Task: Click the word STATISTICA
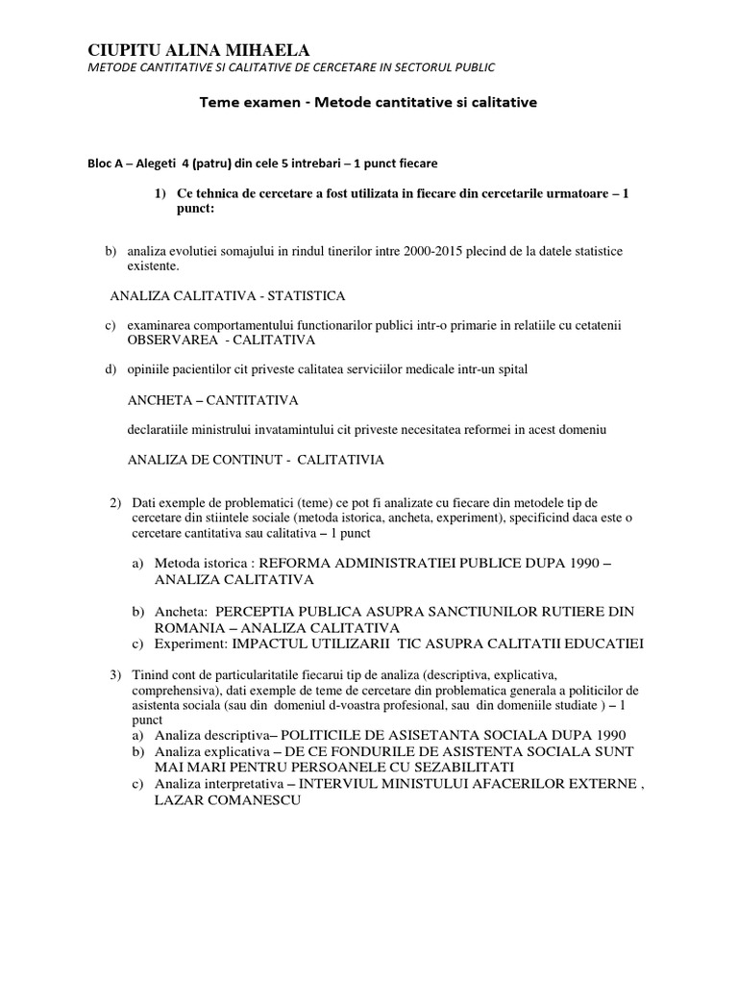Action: click(x=307, y=294)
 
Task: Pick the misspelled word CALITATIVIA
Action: click(x=340, y=459)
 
